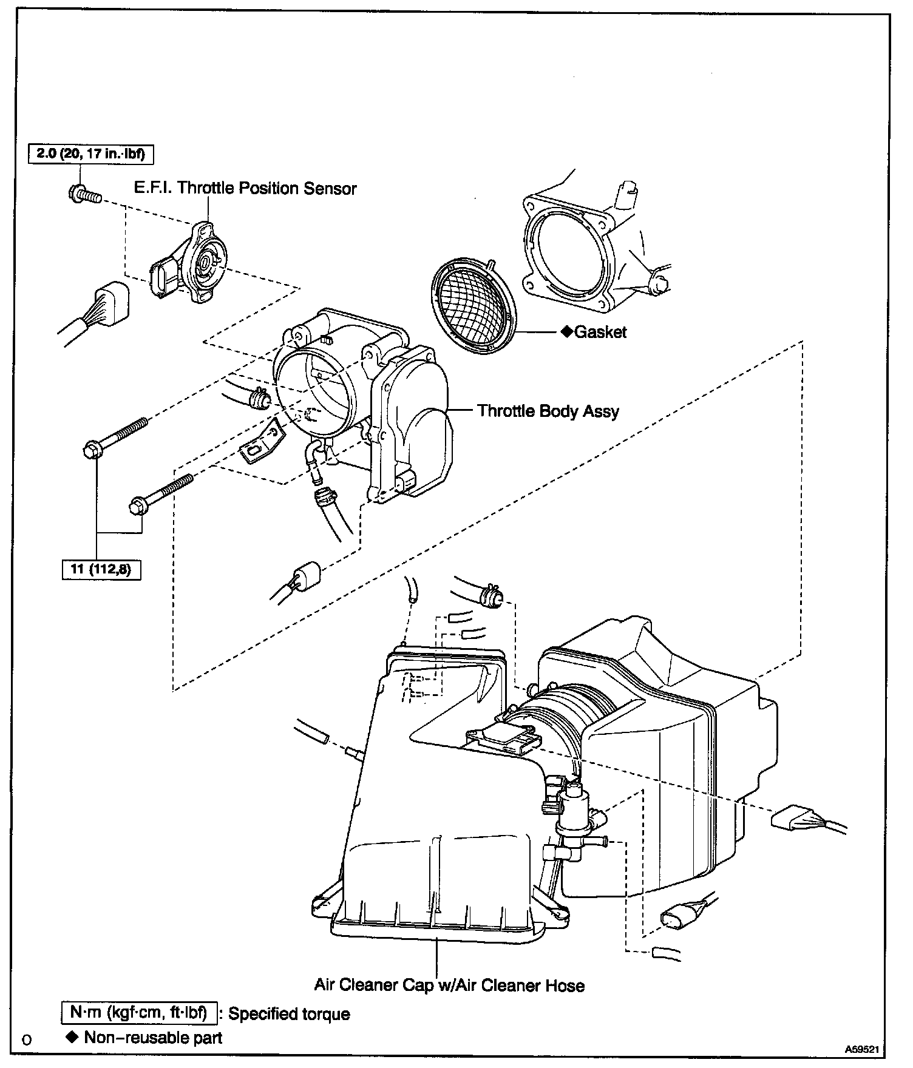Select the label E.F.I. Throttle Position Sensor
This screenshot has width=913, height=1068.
[x=245, y=189]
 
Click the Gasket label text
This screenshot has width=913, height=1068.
[x=600, y=332]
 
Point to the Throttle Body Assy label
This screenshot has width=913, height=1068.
[x=548, y=411]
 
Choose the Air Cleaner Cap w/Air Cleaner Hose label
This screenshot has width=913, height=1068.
[x=449, y=985]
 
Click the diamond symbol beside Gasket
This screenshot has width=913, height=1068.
[x=566, y=332]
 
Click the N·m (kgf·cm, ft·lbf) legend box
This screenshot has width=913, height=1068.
[x=139, y=1013]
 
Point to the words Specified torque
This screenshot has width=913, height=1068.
[x=289, y=1014]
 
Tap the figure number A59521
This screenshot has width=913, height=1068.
[x=863, y=1049]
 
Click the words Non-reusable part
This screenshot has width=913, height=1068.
[x=153, y=1038]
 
